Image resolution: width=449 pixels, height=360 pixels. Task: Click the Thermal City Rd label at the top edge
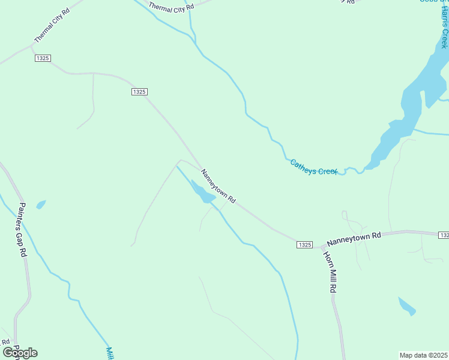click(172, 8)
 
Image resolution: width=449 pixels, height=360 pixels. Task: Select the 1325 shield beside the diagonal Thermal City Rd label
click(43, 58)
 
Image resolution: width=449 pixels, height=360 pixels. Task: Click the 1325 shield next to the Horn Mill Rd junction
click(304, 244)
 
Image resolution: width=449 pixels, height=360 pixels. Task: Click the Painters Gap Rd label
click(22, 230)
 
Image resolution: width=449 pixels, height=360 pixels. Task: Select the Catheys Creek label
click(314, 167)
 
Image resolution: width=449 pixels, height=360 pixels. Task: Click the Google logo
click(20, 352)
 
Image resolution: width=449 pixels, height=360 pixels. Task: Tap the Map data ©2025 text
click(423, 355)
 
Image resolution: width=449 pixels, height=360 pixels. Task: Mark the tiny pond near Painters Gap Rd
click(41, 205)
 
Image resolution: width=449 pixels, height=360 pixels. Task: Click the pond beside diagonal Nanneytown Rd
click(202, 192)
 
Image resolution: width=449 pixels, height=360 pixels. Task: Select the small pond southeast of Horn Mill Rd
click(407, 306)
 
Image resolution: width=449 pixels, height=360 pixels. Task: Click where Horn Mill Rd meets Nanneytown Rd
click(322, 246)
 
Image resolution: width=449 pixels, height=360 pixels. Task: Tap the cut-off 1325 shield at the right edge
click(444, 235)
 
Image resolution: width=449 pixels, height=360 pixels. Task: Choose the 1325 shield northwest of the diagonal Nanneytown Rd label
click(139, 91)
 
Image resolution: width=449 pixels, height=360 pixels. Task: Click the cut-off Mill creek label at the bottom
click(109, 353)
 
